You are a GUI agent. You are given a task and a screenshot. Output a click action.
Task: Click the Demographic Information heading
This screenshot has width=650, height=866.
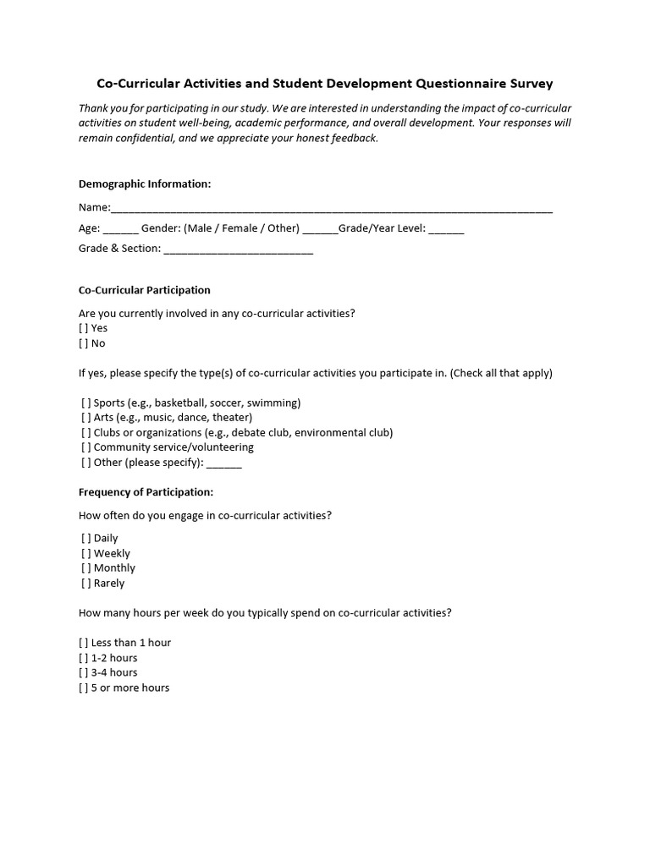click(x=145, y=184)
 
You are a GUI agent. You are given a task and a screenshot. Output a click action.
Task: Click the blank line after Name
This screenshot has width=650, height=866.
click(x=332, y=209)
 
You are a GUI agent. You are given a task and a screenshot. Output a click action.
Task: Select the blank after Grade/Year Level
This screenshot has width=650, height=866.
click(x=446, y=229)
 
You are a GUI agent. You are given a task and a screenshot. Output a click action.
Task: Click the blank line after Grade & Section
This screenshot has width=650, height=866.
click(x=238, y=249)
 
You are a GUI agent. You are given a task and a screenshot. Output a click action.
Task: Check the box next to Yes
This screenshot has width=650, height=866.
click(x=84, y=328)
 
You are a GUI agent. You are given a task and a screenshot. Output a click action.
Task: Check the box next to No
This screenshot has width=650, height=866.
click(x=84, y=343)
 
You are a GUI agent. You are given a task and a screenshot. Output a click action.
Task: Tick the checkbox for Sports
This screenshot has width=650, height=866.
click(x=86, y=403)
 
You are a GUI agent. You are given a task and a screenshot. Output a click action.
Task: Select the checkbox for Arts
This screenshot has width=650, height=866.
click(x=86, y=418)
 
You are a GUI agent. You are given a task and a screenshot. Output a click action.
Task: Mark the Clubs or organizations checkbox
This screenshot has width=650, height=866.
click(x=86, y=433)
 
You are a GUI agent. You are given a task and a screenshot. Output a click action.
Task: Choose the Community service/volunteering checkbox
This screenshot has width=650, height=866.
click(x=86, y=447)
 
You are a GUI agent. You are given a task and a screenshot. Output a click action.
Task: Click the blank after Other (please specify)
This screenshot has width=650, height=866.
click(x=224, y=463)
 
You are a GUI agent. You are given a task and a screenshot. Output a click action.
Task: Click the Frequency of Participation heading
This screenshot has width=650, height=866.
click(x=146, y=491)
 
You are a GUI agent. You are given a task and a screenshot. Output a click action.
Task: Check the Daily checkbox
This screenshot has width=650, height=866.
click(x=86, y=538)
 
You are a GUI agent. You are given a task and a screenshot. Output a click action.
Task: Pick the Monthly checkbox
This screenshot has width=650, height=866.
click(x=86, y=568)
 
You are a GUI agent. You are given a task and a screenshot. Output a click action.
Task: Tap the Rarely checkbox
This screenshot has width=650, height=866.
click(x=86, y=584)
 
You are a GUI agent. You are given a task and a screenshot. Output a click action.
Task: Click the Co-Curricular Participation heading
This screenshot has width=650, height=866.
click(x=144, y=290)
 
